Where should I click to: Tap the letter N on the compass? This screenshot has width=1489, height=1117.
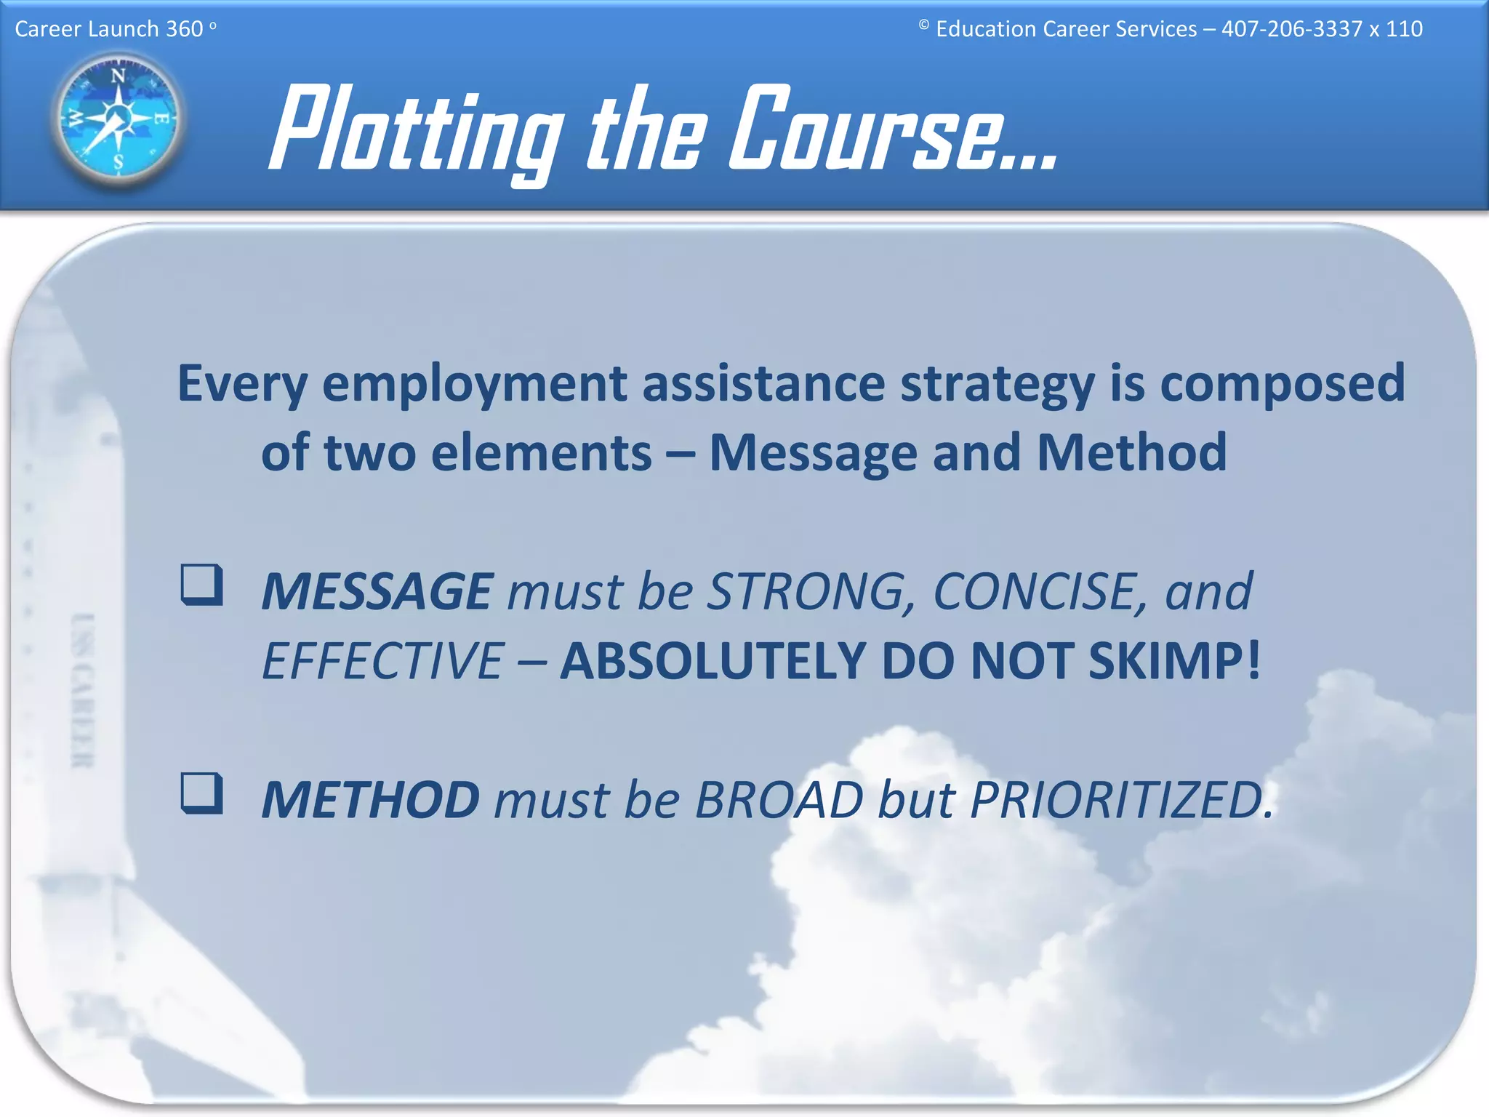pyautogui.click(x=118, y=76)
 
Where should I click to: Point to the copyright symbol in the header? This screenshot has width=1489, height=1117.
pyautogui.click(x=923, y=25)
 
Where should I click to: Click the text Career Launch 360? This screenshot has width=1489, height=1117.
pyautogui.click(x=109, y=29)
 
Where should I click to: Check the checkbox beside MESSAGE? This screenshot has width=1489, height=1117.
pyautogui.click(x=201, y=585)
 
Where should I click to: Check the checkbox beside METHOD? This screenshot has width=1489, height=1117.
pyautogui.click(x=201, y=793)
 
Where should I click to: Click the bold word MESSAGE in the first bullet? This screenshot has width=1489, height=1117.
pyautogui.click(x=377, y=591)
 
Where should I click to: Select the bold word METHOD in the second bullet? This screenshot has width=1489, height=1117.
pyautogui.click(x=370, y=800)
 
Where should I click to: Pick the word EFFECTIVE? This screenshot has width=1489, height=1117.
pyautogui.click(x=382, y=661)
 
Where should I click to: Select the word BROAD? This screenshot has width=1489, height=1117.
pyautogui.click(x=779, y=800)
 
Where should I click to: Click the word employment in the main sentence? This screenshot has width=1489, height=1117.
pyautogui.click(x=475, y=384)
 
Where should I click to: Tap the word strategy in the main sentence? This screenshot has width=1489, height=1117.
pyautogui.click(x=998, y=384)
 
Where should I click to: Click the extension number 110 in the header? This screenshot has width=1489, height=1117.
pyautogui.click(x=1403, y=29)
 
